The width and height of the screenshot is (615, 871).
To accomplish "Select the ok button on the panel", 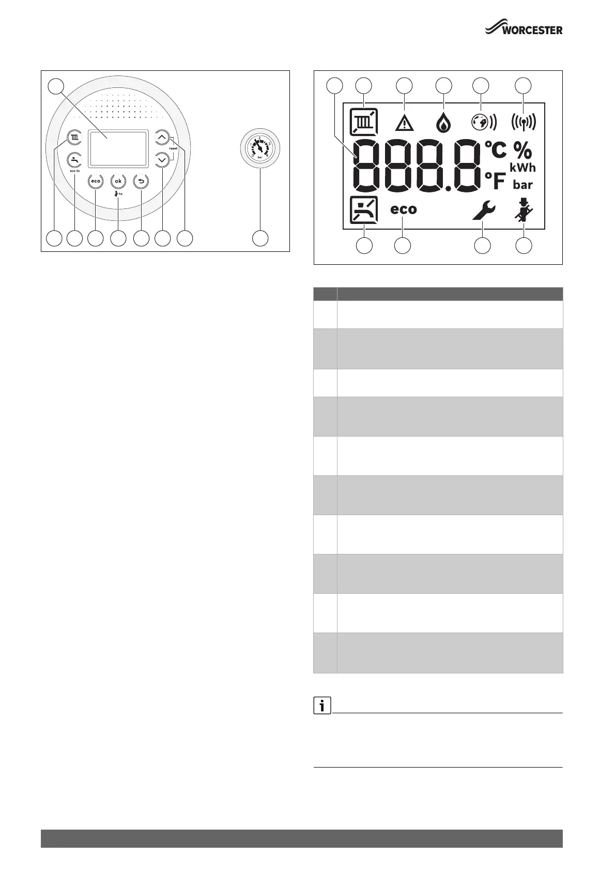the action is click(118, 181).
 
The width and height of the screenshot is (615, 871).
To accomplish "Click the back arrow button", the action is click(141, 181).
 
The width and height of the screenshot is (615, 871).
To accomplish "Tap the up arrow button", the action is click(163, 138).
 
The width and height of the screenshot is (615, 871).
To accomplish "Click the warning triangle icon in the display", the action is click(404, 123).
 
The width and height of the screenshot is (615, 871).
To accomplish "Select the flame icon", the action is click(443, 123).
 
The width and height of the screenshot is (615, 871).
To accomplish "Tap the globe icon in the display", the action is click(483, 123).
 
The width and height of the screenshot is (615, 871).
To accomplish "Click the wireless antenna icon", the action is click(523, 123).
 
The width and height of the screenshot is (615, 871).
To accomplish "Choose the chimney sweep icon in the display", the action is click(523, 210).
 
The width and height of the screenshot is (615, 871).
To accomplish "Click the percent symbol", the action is click(522, 151).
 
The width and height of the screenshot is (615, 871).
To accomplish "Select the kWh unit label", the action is click(522, 168).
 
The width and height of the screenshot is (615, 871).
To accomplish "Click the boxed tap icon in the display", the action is click(363, 210).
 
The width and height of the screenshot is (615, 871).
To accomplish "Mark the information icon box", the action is click(322, 705).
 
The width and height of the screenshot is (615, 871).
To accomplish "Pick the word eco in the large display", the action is click(403, 209).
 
